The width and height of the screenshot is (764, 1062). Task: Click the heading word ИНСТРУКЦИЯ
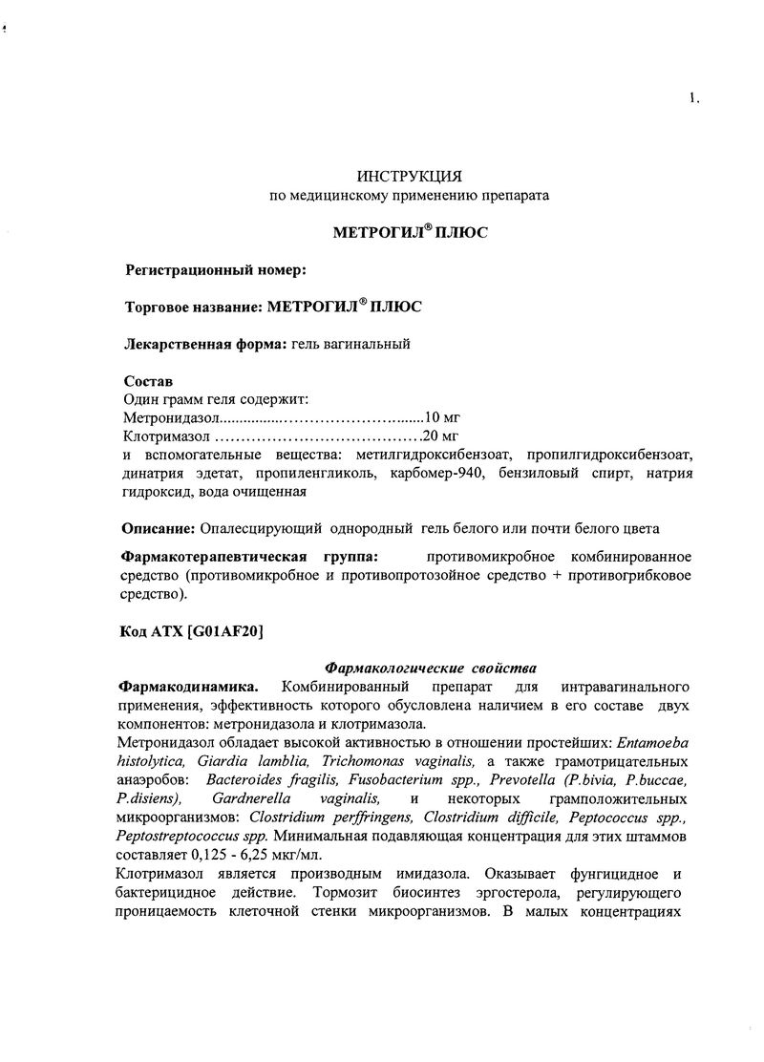409,177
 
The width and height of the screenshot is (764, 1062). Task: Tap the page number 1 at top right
692,96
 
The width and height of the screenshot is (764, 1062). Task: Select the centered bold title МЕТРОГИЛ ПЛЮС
409,232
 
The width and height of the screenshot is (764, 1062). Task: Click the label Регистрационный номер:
216,270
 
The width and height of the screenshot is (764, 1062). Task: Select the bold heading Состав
149,381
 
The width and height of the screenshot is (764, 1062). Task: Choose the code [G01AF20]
225,631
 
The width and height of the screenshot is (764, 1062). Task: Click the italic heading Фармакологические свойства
432,668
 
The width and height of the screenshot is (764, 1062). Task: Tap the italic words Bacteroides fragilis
254,779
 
